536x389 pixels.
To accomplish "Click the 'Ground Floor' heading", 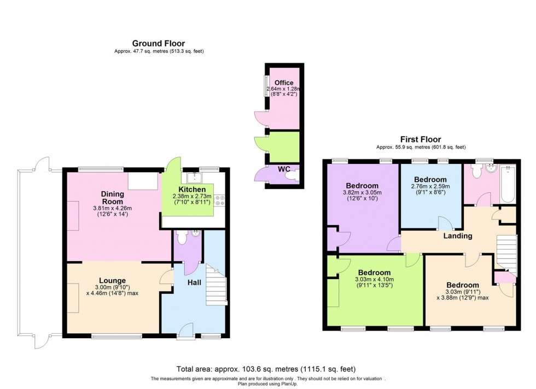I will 158,43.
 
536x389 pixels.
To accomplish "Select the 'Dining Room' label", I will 112,198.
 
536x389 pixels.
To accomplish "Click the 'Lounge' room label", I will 113,281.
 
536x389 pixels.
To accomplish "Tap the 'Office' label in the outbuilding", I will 283,83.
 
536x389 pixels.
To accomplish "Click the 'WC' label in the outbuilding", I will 283,169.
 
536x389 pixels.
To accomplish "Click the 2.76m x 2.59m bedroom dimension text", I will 430,187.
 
